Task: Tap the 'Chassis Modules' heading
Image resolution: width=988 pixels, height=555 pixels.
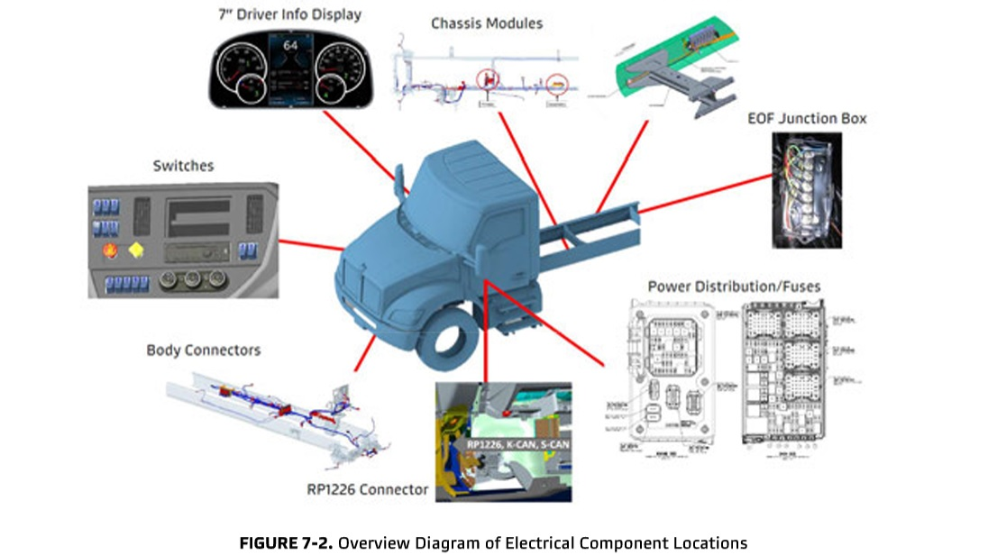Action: (487, 23)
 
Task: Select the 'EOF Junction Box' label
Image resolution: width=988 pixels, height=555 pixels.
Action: (807, 118)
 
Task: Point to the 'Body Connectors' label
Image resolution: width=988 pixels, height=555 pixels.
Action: (203, 350)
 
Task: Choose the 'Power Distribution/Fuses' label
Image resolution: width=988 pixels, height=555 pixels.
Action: (734, 287)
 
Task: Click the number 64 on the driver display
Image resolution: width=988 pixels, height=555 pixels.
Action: (291, 44)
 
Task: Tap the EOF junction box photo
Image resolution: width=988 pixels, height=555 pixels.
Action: (806, 190)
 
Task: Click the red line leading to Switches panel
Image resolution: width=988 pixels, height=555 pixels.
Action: (310, 245)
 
